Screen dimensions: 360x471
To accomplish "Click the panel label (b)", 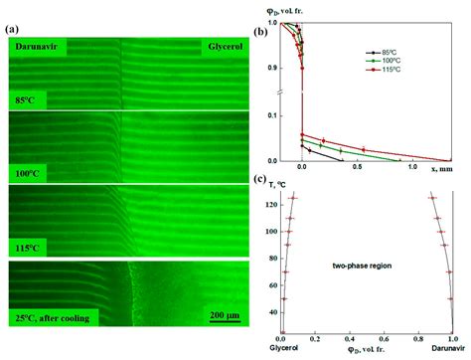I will tap(259, 32).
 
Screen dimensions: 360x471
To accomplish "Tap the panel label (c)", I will tap(259, 180).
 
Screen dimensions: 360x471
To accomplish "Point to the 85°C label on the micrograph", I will tap(26, 98).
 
